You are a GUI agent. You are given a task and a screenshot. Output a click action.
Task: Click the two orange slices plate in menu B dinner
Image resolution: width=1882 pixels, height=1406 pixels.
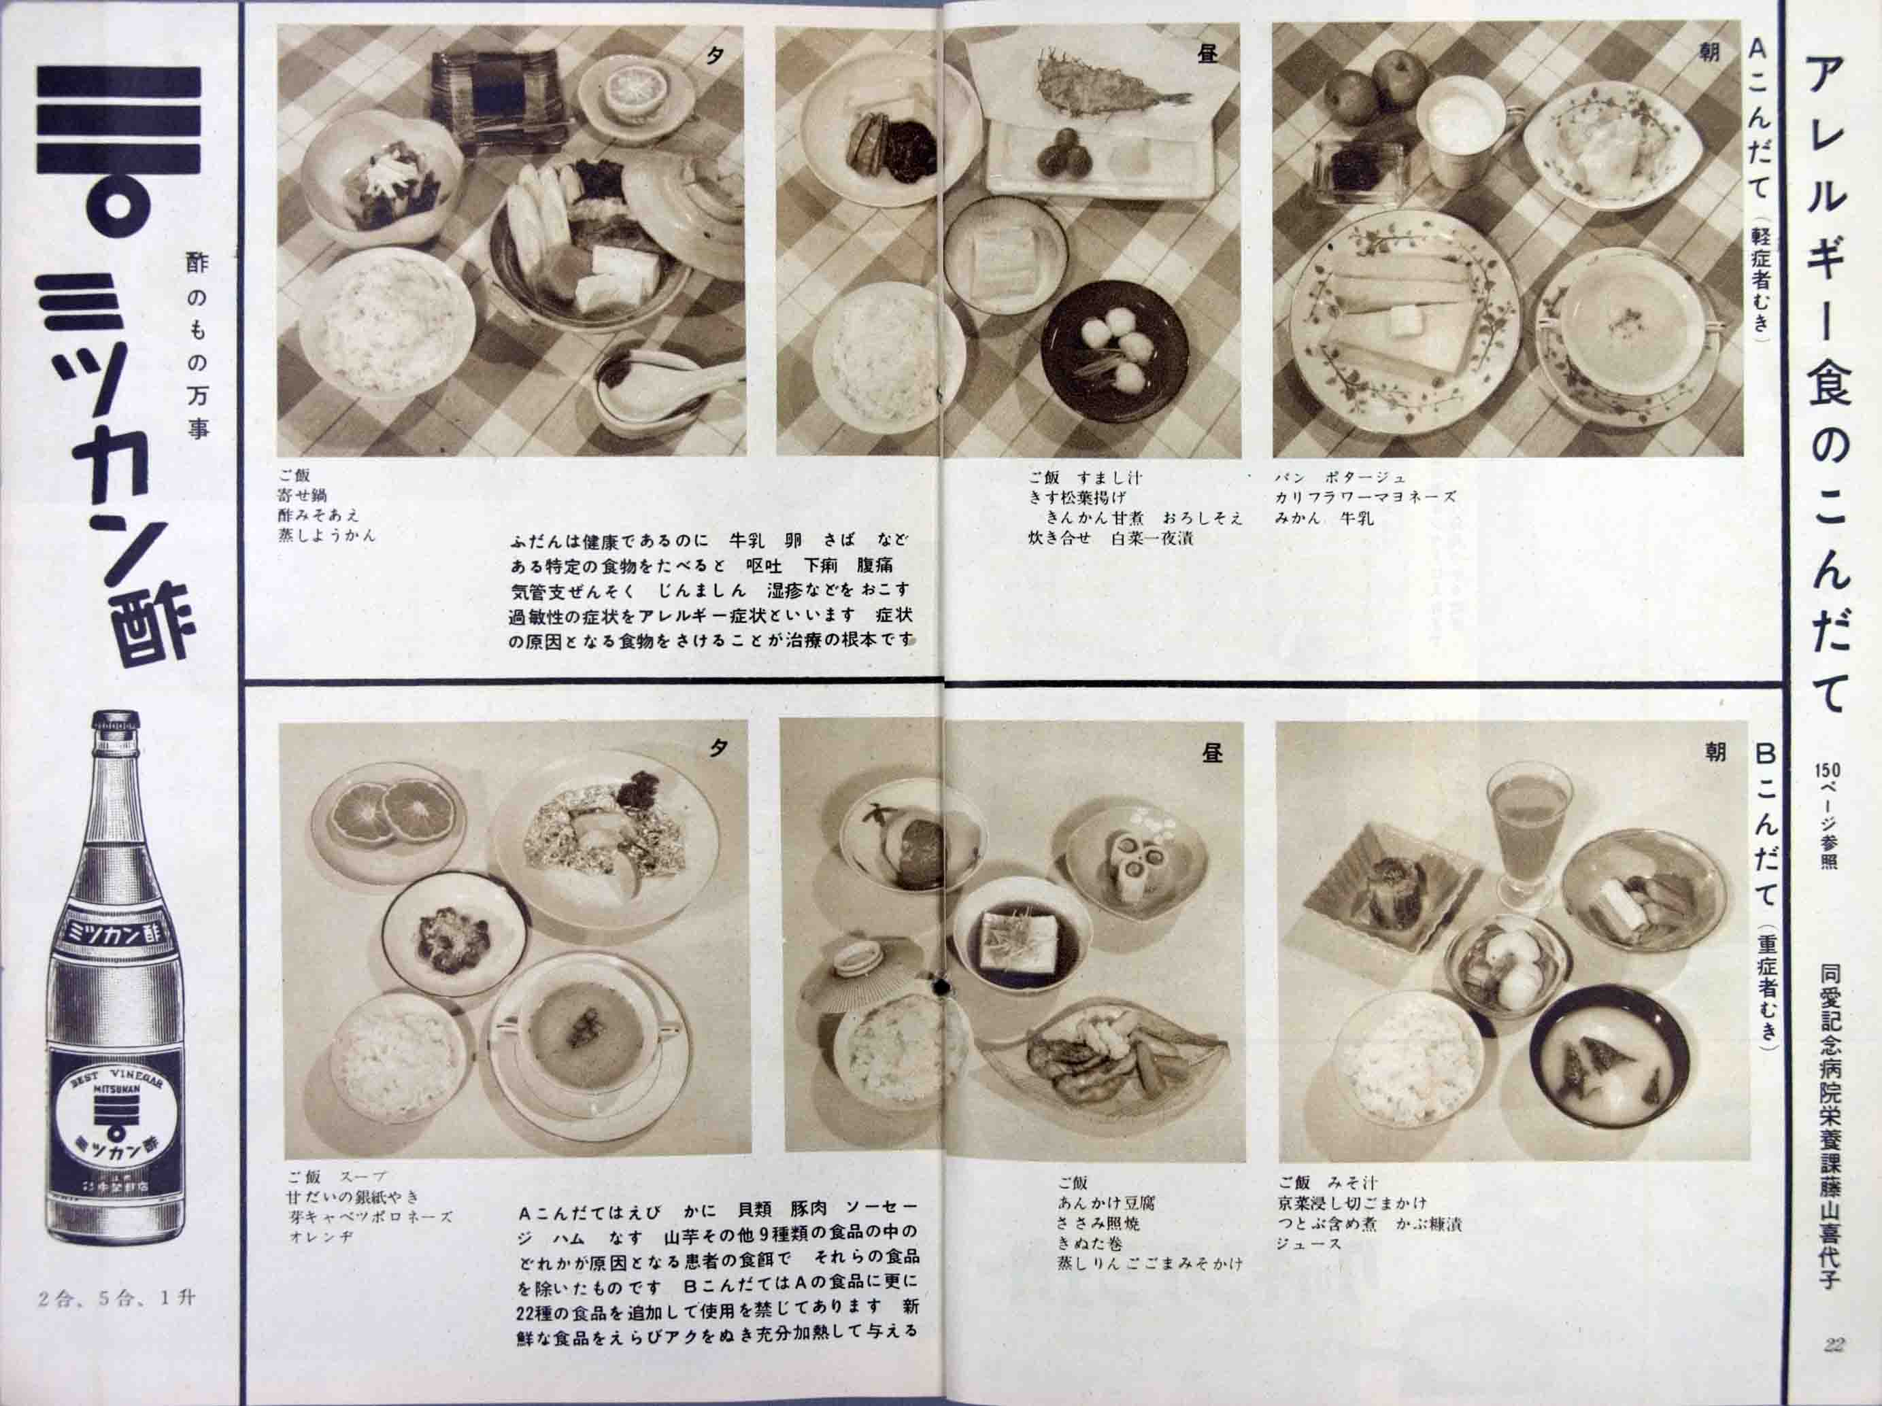coord(387,812)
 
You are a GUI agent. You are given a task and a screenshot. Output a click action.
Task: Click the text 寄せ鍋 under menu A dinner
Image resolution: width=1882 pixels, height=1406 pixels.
coord(302,495)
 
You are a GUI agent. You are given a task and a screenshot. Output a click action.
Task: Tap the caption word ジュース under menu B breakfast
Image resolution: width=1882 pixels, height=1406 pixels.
coord(1309,1243)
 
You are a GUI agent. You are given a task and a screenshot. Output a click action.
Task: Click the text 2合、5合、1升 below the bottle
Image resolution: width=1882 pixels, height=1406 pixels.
coord(118,1299)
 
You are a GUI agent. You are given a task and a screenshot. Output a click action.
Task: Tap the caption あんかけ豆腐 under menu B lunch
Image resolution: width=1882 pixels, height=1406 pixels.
coord(1106,1203)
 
